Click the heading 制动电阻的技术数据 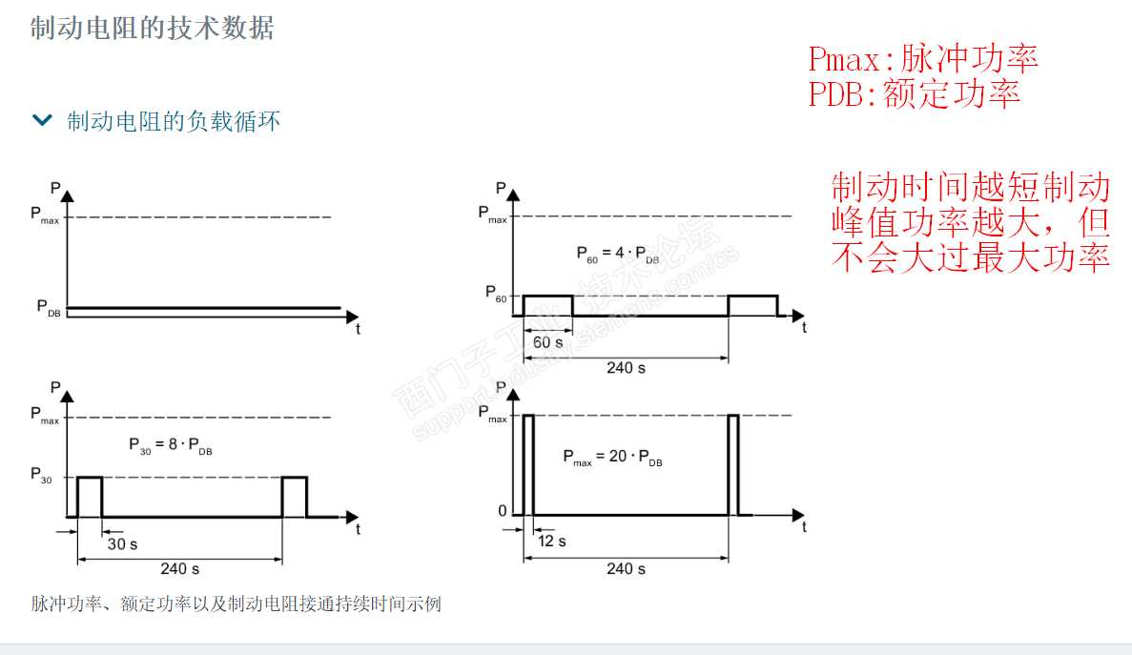pos(153,29)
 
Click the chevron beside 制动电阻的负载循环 pos(42,120)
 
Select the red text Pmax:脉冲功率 pos(922,59)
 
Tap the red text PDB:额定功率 pos(914,93)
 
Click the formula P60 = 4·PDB pos(617,255)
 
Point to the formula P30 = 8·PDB pos(170,445)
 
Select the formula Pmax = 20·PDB pos(611,457)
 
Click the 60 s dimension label pos(547,342)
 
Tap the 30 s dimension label pos(121,543)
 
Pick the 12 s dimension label pos(551,541)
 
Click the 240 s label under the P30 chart pos(179,568)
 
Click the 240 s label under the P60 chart pos(626,367)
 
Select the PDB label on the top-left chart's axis pos(49,307)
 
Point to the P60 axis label pos(496,292)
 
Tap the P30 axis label pos(44,474)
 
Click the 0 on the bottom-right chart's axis pos(503,512)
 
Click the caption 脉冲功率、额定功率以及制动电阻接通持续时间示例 pos(236,604)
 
